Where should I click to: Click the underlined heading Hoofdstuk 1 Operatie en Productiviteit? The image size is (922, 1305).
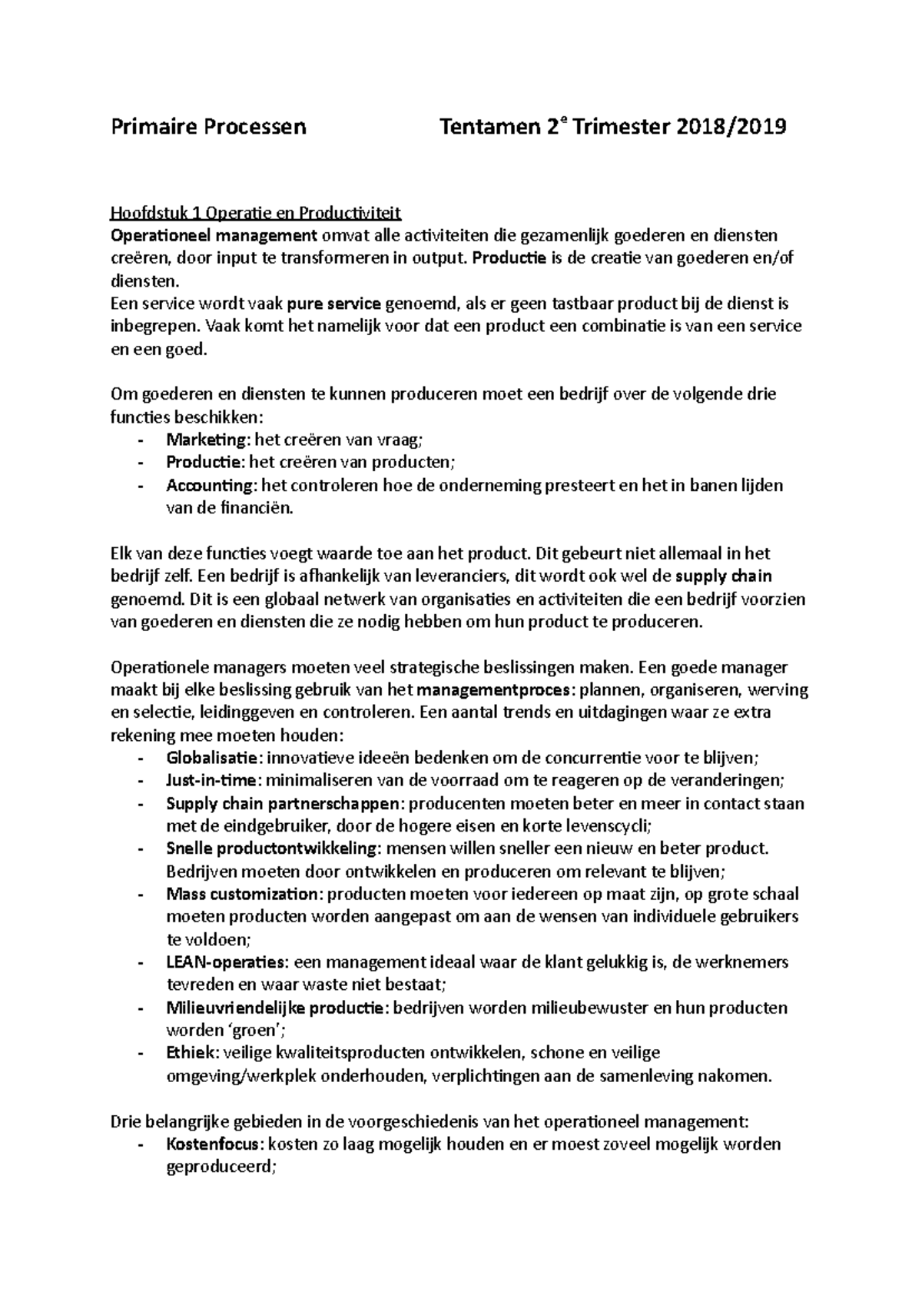[x=256, y=212]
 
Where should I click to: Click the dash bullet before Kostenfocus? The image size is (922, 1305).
[x=140, y=1144]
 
